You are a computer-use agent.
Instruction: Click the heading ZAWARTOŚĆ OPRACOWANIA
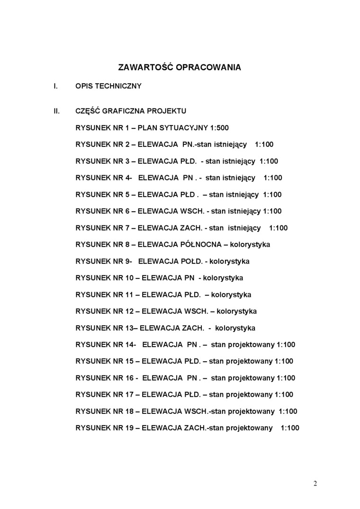point(180,67)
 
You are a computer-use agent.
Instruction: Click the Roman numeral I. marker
point(55,86)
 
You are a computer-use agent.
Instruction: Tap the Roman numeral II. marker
point(56,111)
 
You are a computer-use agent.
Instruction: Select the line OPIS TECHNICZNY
point(108,86)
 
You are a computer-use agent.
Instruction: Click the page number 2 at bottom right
point(315,483)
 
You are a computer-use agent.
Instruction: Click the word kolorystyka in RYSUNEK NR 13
point(235,328)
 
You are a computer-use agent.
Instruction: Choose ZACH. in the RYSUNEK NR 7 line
point(190,228)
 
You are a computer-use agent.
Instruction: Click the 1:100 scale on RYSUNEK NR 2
point(264,144)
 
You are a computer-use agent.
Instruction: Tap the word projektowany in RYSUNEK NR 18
point(254,411)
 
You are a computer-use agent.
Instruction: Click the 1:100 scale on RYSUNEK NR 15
point(284,361)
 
